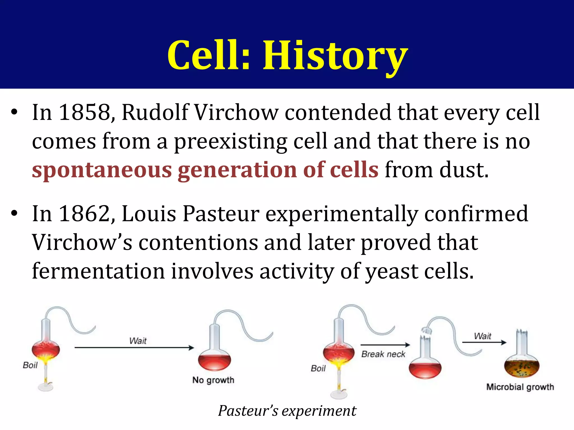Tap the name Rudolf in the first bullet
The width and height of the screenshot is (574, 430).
pyautogui.click(x=155, y=113)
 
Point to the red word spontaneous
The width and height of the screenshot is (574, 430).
pyautogui.click(x=102, y=170)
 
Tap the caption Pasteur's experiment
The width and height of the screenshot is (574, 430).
pyautogui.click(x=287, y=411)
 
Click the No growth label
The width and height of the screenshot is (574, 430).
pyautogui.click(x=213, y=380)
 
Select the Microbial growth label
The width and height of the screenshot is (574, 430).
pyautogui.click(x=520, y=387)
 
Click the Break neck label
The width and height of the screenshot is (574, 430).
pyautogui.click(x=383, y=354)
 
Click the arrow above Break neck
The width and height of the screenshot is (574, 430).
pyautogui.click(x=385, y=345)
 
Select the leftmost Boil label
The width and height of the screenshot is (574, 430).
pyautogui.click(x=30, y=365)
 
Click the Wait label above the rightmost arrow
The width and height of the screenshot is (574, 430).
pyautogui.click(x=482, y=336)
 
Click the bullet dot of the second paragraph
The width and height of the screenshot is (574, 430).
pyautogui.click(x=14, y=214)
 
